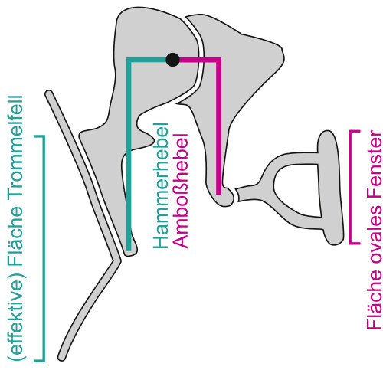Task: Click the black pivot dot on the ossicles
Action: pyautogui.click(x=172, y=60)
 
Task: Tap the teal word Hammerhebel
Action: pyautogui.click(x=161, y=185)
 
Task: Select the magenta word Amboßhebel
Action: pyautogui.click(x=181, y=191)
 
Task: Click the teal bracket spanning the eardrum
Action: pyautogui.click(x=44, y=248)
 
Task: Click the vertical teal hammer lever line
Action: pyautogui.click(x=129, y=156)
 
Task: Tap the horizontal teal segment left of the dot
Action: pyautogui.click(x=146, y=60)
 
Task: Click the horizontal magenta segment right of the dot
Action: pyautogui.click(x=200, y=60)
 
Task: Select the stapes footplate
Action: pyautogui.click(x=331, y=188)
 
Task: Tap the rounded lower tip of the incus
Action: pyautogui.click(x=224, y=198)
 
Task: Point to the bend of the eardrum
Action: pyautogui.click(x=116, y=260)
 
